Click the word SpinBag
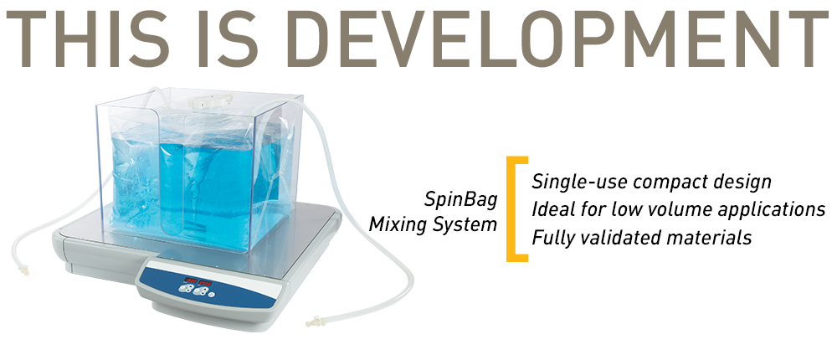pos(461,201)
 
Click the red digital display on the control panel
pos(198,281)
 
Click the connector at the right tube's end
pos(313,322)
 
